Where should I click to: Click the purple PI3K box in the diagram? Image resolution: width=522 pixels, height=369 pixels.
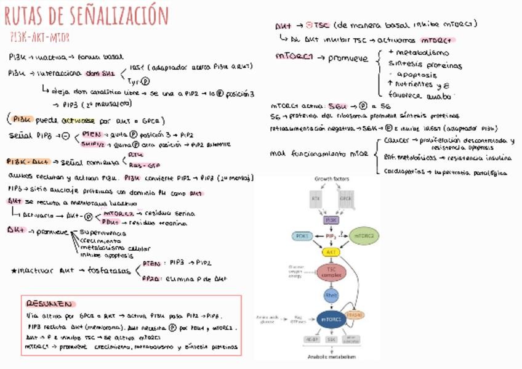[x=331, y=219]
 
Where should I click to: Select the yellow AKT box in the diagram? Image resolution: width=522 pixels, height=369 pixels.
[x=331, y=252]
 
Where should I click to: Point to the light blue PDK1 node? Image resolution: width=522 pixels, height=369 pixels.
[x=302, y=235]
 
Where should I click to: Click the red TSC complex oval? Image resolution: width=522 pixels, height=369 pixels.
[x=331, y=272]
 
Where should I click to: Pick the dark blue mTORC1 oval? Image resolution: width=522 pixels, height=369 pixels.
[x=331, y=318]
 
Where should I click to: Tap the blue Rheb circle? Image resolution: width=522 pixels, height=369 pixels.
[x=331, y=296]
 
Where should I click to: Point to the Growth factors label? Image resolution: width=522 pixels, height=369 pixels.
[x=332, y=179]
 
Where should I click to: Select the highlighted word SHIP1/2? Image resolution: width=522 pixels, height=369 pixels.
[x=92, y=144]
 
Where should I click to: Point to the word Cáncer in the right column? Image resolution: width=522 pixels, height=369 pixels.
[x=394, y=140]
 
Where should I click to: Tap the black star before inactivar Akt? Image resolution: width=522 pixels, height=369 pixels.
[x=14, y=270]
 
